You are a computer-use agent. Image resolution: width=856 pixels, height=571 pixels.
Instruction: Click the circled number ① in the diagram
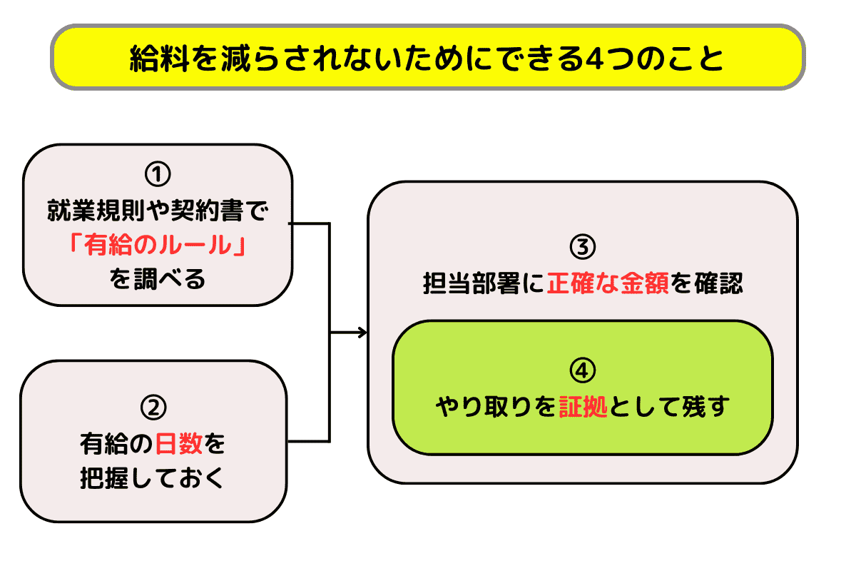click(x=158, y=174)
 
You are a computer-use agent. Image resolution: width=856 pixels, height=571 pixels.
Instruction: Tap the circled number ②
click(x=153, y=407)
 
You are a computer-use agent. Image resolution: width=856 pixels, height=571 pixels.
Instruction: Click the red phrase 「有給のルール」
click(x=158, y=245)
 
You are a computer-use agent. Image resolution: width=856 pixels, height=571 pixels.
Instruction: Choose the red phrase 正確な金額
click(x=608, y=284)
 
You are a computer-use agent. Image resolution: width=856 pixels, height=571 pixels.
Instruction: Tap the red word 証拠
click(x=584, y=408)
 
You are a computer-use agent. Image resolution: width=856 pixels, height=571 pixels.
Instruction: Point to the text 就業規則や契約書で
click(x=158, y=211)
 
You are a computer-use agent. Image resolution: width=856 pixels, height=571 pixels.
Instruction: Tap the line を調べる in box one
click(x=158, y=278)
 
